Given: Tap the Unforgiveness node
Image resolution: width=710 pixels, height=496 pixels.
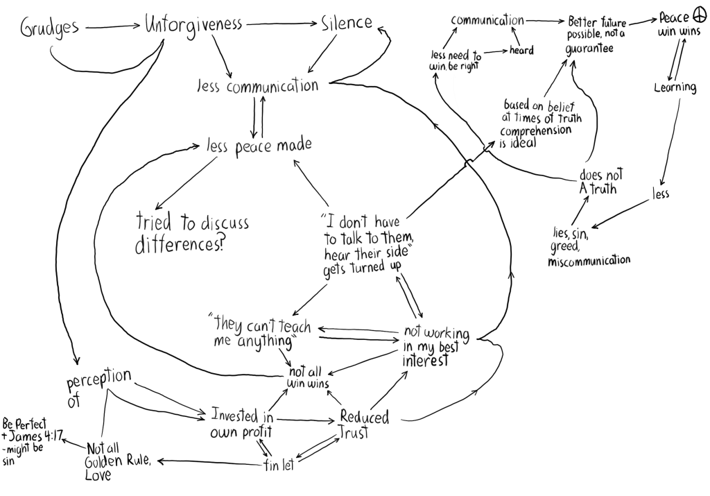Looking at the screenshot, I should [x=193, y=25].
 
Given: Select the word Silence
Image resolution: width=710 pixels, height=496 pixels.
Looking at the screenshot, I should [x=347, y=23].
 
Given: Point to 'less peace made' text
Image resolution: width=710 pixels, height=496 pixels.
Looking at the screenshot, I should [x=258, y=146].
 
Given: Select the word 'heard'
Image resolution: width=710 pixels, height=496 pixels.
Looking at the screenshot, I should [x=521, y=51].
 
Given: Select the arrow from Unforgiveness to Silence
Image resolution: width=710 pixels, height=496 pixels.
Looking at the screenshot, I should [x=282, y=24].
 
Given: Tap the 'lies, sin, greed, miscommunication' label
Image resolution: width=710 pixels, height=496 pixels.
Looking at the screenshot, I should [x=588, y=246].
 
